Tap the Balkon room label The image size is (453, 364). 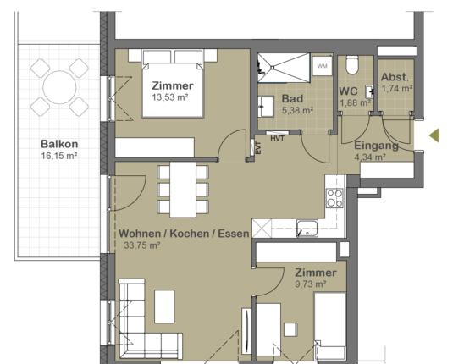(x=58, y=144)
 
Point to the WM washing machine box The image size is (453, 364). (x=322, y=66)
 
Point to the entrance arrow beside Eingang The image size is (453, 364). (x=434, y=135)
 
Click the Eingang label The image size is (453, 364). (x=369, y=145)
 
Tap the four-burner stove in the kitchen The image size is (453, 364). (x=334, y=198)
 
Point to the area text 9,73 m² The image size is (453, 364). (x=316, y=285)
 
